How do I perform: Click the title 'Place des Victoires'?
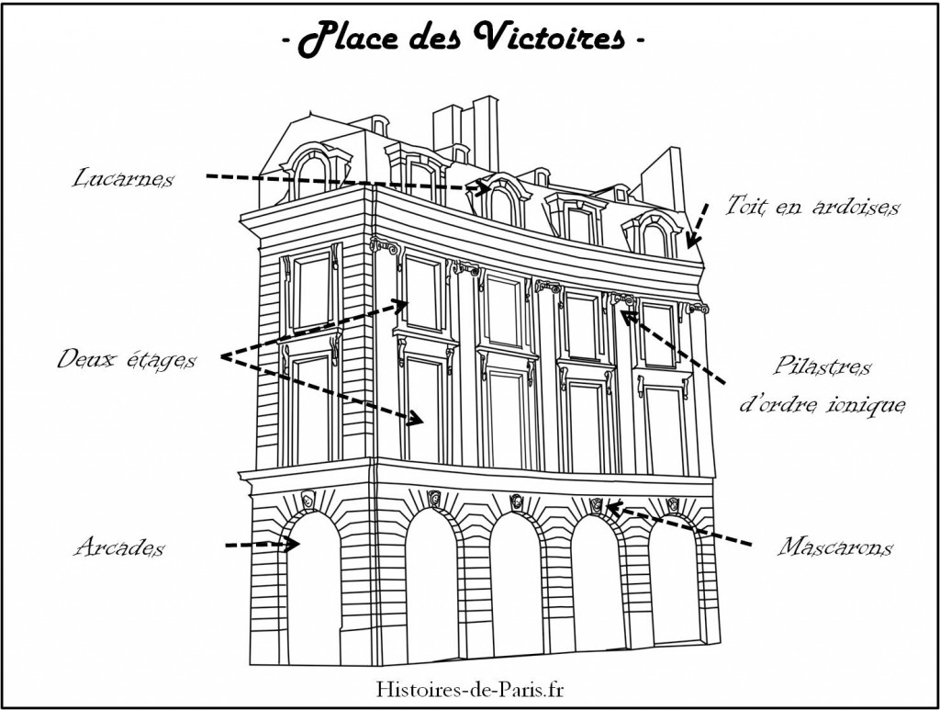pos(463,39)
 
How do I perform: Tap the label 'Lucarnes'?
pos(123,178)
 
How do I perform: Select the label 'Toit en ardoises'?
pos(812,206)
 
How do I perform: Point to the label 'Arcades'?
pos(119,547)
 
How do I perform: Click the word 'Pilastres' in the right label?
pos(822,366)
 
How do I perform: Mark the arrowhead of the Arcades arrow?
pos(293,545)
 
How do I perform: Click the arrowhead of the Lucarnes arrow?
pos(483,188)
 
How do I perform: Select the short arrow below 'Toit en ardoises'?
pos(698,225)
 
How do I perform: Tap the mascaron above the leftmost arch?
pos(308,499)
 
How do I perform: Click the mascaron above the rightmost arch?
pos(673,504)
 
